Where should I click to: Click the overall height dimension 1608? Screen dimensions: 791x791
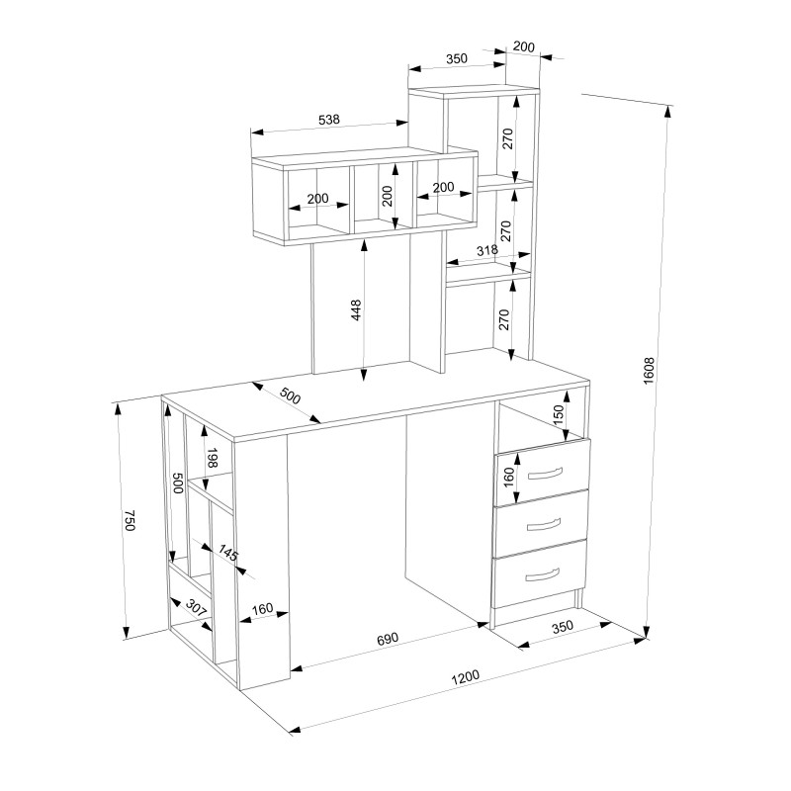(649, 371)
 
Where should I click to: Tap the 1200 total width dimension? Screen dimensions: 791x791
(465, 677)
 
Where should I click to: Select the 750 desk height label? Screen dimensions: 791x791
(130, 520)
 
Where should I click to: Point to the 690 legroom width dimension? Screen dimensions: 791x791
(388, 639)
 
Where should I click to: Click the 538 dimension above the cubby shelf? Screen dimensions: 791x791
(329, 120)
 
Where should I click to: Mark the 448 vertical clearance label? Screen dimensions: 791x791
(356, 310)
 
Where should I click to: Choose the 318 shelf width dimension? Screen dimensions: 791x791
(486, 250)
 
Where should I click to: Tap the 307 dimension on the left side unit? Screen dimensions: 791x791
(196, 607)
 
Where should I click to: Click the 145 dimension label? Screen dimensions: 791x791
(227, 553)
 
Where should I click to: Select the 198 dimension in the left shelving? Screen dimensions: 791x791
(212, 457)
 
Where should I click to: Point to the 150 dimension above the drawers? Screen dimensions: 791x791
(559, 415)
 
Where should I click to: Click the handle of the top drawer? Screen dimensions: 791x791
(545, 474)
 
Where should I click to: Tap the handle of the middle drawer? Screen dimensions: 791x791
(543, 525)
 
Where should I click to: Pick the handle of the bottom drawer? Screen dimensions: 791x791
(542, 574)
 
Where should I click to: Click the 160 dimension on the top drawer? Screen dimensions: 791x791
(508, 478)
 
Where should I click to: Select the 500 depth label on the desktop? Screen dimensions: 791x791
(290, 396)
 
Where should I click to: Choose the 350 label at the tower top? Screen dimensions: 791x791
(457, 58)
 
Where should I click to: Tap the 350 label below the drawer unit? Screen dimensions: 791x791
(563, 627)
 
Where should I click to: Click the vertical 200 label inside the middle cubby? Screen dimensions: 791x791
(387, 196)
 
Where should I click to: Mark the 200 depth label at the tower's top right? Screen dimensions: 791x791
(524, 46)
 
